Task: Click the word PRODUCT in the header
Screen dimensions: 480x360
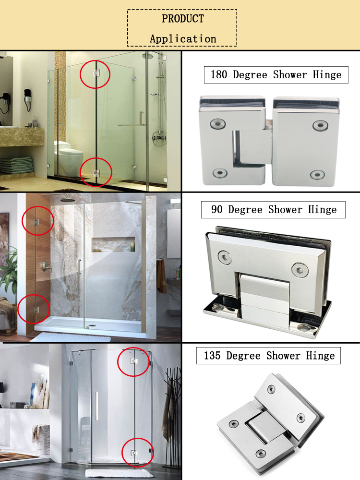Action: [x=182, y=19]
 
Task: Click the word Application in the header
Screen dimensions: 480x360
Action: [x=182, y=39]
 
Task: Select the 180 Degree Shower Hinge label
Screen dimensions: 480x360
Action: [x=276, y=75]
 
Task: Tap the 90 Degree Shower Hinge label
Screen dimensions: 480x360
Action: [x=274, y=210]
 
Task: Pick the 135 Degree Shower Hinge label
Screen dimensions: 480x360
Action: [x=269, y=356]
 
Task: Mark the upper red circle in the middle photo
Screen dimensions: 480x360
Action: [x=37, y=220]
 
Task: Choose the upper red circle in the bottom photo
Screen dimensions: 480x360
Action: [x=133, y=361]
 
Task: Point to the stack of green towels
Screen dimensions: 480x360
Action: [x=17, y=166]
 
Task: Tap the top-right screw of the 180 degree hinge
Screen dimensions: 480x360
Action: [x=319, y=126]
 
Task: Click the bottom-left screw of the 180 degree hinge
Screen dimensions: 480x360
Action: [x=220, y=173]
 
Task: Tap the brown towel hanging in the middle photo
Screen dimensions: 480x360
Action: [x=161, y=276]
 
